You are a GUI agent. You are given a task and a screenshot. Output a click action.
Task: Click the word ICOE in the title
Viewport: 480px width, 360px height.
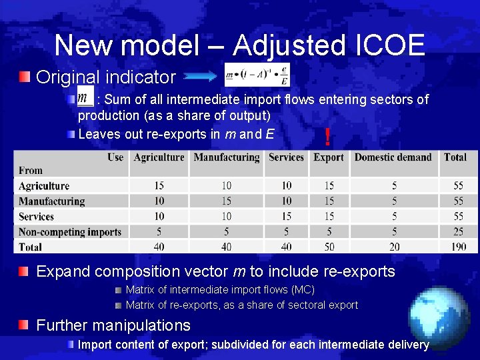387,45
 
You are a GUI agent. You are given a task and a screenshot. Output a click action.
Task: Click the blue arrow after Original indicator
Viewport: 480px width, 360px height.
199,77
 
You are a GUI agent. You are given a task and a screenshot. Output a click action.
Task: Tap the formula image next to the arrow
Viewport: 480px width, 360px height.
257,75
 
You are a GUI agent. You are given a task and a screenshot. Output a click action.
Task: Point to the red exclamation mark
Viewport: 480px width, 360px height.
327,137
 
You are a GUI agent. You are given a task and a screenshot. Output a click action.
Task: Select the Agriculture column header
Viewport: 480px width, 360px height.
159,158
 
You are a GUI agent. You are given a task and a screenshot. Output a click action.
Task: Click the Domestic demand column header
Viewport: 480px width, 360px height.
393,158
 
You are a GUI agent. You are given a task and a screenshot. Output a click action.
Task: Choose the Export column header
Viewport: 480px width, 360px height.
329,158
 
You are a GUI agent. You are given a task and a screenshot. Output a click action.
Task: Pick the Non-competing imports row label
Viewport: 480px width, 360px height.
70,232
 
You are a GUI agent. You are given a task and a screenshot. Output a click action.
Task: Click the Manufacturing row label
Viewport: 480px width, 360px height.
51,201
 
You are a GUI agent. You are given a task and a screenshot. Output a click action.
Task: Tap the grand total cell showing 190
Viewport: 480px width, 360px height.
455,247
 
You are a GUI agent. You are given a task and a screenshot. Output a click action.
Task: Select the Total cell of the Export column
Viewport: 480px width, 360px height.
329,247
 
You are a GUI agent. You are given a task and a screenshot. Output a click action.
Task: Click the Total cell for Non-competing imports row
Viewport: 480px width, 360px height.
455,232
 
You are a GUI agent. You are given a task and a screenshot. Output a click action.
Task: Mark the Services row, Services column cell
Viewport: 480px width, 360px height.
286,217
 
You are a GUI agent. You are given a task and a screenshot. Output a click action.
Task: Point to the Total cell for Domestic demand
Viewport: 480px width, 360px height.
393,247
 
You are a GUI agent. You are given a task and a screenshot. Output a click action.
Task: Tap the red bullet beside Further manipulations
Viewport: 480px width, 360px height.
24,325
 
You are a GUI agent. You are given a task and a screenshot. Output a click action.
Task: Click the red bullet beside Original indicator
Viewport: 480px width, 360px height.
24,77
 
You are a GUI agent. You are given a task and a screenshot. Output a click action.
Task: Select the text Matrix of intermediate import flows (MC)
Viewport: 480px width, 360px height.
220,290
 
